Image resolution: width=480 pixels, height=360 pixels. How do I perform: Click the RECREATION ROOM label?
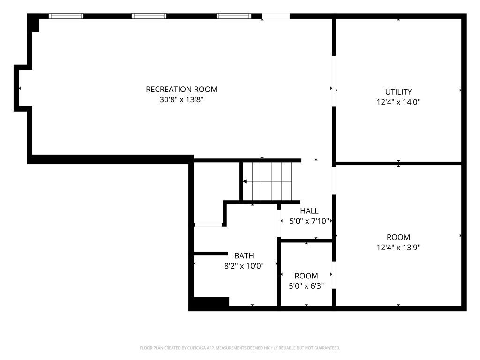181,90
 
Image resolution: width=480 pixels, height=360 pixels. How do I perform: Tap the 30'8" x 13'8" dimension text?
181,99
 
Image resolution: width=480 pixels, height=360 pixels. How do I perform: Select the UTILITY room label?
398,92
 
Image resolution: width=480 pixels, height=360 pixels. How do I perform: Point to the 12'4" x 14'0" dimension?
398,102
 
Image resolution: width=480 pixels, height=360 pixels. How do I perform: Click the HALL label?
309,211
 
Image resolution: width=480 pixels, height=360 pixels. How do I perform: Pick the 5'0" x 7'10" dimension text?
309,221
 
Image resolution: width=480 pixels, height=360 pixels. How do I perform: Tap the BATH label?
244,255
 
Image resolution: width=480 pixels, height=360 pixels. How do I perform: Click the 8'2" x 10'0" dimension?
244,266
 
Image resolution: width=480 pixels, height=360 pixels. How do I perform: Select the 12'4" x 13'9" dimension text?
398,247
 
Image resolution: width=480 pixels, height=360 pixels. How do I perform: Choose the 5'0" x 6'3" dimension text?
306,286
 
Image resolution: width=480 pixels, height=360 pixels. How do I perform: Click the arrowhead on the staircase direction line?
245,181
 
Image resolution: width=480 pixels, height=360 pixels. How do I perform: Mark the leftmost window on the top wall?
66,16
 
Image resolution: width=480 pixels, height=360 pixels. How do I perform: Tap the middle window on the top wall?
149,16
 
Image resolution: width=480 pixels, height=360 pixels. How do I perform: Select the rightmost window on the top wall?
234,16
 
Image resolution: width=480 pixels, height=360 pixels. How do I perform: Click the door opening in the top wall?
276,16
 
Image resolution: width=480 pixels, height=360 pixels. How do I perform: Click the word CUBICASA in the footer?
196,348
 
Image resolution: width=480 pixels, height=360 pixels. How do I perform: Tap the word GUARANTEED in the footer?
330,348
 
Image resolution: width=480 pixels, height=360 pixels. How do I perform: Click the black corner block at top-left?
33,23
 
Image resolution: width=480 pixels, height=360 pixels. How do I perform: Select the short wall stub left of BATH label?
211,254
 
